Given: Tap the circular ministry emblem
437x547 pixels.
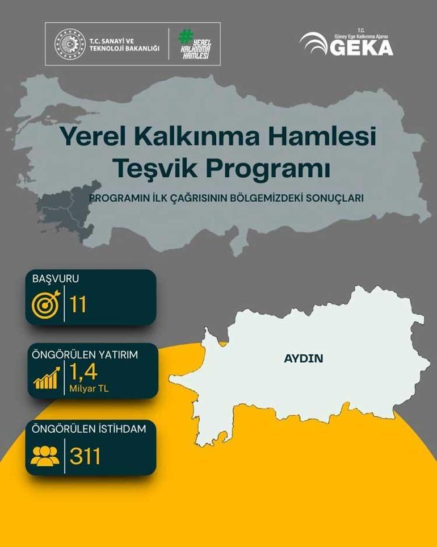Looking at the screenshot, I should point(69,44).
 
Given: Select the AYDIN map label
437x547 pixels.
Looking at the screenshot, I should point(303,359).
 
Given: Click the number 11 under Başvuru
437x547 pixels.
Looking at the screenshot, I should point(78,305).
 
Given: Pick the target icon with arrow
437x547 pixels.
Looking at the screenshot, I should point(45,304).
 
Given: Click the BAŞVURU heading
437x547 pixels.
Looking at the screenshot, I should point(56,279).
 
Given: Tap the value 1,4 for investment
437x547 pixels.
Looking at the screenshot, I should point(84,371).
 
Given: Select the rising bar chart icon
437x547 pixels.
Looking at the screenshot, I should point(47,378).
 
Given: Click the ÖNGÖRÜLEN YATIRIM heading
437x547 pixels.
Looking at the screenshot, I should point(85,354).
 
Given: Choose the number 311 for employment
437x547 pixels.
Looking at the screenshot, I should point(86,456).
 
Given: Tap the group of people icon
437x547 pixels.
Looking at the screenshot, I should point(45,456).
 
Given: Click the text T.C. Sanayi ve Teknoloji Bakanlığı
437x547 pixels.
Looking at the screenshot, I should point(124,44).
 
